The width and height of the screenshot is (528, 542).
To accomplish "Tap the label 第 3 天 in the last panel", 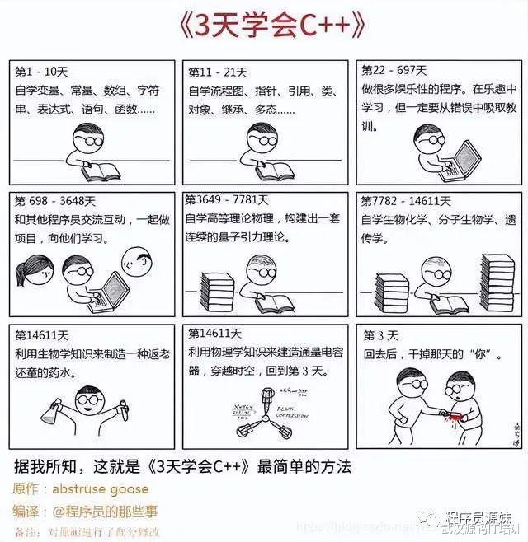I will click(381, 335).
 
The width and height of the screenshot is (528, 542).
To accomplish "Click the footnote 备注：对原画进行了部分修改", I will click(87, 531).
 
